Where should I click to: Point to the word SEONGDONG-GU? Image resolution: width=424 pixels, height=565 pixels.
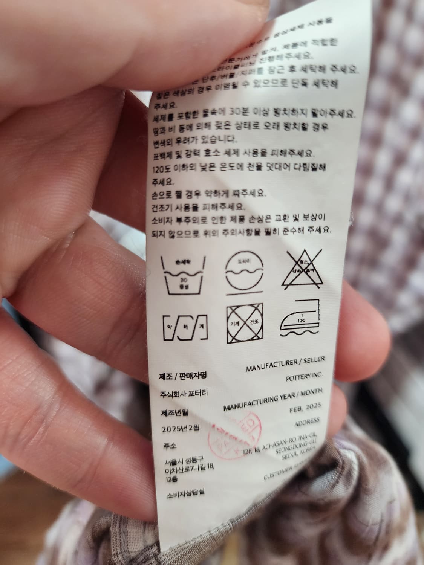click(x=297, y=448)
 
